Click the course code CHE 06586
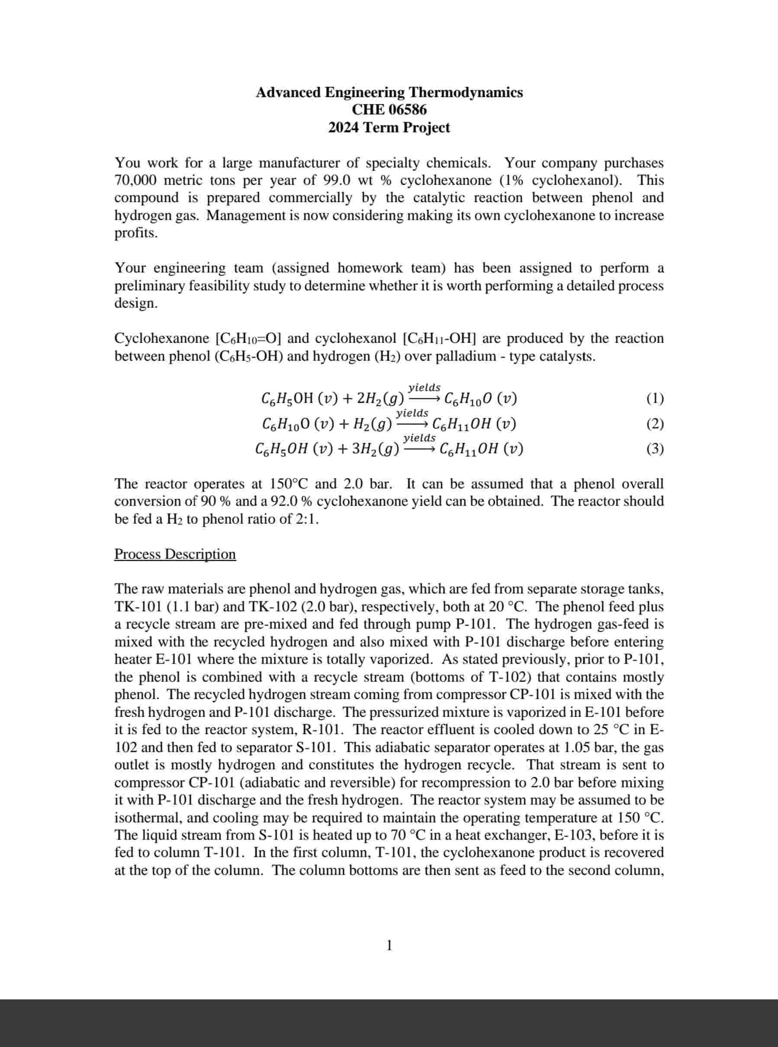point(389,110)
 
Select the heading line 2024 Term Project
point(389,128)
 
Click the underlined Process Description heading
point(175,554)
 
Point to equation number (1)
point(655,399)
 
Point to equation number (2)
point(655,424)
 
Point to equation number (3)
point(655,449)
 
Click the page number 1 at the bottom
point(389,945)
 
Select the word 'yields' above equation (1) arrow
point(424,388)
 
